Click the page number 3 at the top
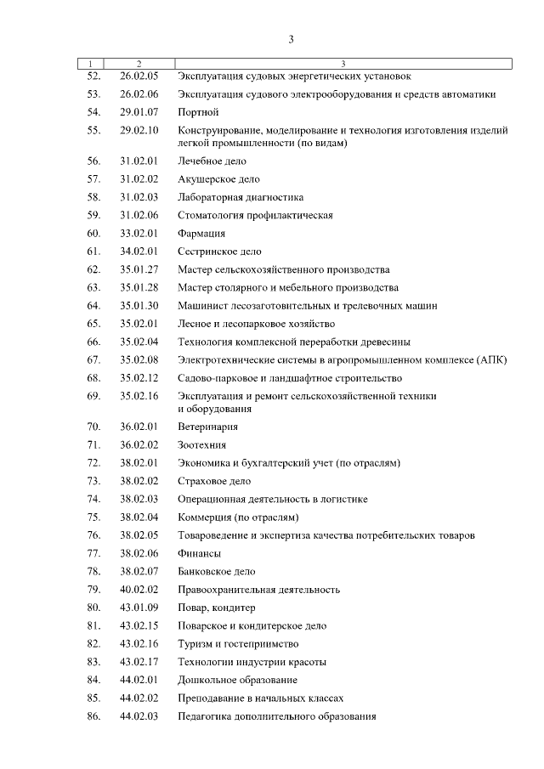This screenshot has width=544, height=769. (x=291, y=39)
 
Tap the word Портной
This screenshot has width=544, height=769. (x=199, y=112)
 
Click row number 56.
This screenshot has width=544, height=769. (x=93, y=161)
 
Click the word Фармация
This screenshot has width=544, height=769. (x=201, y=233)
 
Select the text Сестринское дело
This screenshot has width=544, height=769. (x=220, y=252)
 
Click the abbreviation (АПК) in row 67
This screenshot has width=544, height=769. (x=491, y=360)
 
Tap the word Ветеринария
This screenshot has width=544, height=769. (x=207, y=427)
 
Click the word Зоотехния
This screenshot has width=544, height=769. (x=201, y=444)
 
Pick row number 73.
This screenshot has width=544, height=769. (x=93, y=481)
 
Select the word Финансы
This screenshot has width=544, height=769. (x=199, y=553)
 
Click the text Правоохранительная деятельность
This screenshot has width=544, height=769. (x=258, y=590)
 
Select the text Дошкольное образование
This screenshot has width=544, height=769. (x=237, y=680)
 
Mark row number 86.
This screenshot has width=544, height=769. (x=93, y=716)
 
